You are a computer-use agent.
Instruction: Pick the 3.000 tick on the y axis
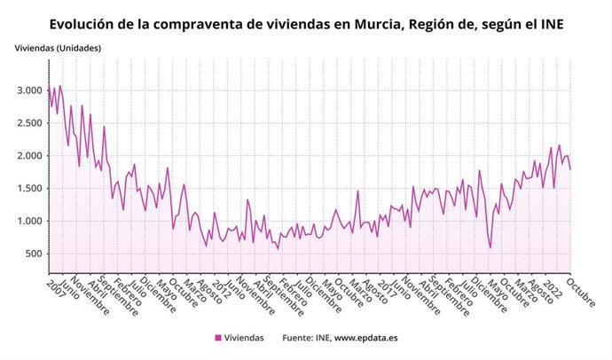[x=29, y=90]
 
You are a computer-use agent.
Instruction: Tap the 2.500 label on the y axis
[x=29, y=123]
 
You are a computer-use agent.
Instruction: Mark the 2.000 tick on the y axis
[x=29, y=156]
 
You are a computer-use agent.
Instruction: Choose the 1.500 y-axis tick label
[x=29, y=189]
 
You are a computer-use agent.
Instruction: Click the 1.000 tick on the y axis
[x=29, y=222]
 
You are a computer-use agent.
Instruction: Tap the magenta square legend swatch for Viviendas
[x=217, y=338]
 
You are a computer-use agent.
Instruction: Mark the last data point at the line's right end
[x=570, y=169]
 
